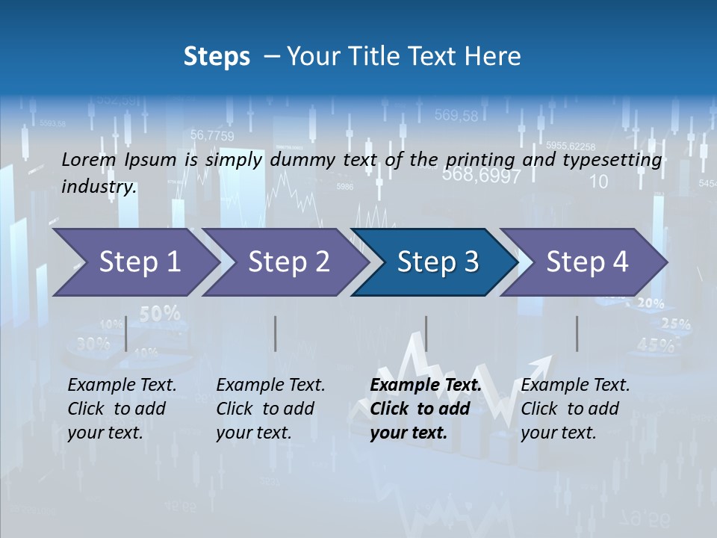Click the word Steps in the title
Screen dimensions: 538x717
(x=217, y=56)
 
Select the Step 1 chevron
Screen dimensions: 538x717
(x=134, y=262)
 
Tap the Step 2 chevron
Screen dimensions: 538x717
(x=288, y=262)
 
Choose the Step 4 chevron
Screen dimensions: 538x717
(x=586, y=262)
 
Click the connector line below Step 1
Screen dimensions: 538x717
(x=126, y=333)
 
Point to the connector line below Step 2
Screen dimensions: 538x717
(x=276, y=333)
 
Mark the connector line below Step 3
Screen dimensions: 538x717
(x=426, y=333)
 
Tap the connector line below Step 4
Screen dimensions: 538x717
(x=577, y=333)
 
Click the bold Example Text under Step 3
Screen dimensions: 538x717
(x=426, y=386)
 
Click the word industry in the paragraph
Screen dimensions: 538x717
(x=99, y=187)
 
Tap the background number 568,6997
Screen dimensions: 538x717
(x=481, y=176)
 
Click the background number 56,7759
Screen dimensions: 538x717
(x=212, y=135)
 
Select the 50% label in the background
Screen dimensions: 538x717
(x=160, y=314)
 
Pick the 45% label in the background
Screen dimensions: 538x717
(x=656, y=344)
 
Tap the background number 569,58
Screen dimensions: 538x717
(x=456, y=115)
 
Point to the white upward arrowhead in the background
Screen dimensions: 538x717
(x=544, y=363)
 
